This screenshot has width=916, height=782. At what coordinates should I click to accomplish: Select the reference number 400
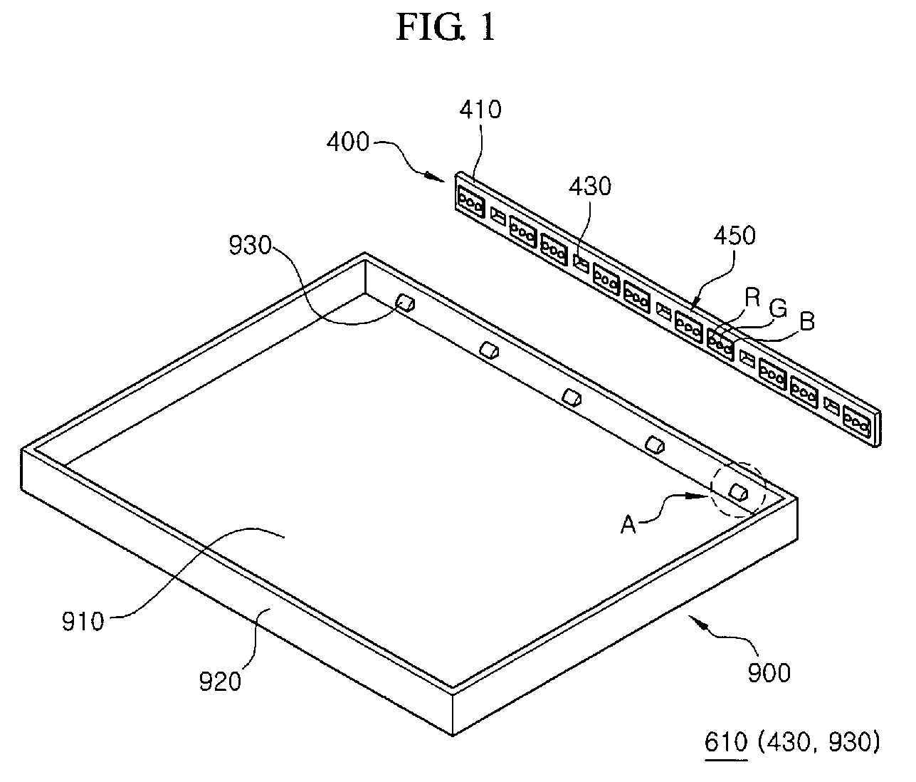(x=348, y=142)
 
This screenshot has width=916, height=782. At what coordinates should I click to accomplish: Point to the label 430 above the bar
(x=590, y=186)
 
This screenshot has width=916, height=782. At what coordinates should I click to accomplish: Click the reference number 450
(x=734, y=236)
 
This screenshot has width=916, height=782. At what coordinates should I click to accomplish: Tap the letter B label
(x=806, y=322)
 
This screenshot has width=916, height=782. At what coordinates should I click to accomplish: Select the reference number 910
(x=83, y=621)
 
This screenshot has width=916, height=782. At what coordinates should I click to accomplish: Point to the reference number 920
(x=221, y=682)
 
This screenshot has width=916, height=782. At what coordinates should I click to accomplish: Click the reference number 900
(x=769, y=672)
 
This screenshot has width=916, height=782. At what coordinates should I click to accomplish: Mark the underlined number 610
(x=725, y=743)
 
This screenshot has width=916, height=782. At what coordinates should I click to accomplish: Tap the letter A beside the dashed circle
(x=628, y=525)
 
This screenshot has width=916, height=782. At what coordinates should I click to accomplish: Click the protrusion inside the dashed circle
(x=738, y=491)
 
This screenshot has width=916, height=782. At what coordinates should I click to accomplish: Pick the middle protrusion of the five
(x=572, y=397)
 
